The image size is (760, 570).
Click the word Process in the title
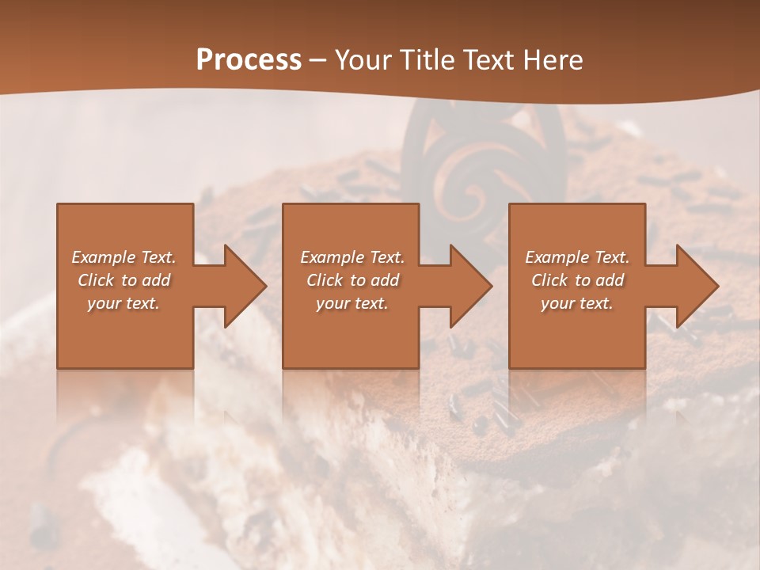point(249,59)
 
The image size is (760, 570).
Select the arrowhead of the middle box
point(469,286)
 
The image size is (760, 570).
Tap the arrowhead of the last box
point(696,286)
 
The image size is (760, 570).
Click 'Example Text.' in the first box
point(124,257)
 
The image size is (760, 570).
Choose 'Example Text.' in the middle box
point(352,257)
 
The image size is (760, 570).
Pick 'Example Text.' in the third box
point(577,257)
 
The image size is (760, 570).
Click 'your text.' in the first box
point(123,303)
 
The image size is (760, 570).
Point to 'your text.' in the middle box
point(351,303)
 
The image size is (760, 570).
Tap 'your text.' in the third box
point(576,303)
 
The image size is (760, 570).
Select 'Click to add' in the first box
point(124,280)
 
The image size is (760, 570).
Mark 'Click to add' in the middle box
point(352,280)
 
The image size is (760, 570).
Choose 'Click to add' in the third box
point(577,280)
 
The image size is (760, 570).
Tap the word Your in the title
point(361,59)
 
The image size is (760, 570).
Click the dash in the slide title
point(318,60)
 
